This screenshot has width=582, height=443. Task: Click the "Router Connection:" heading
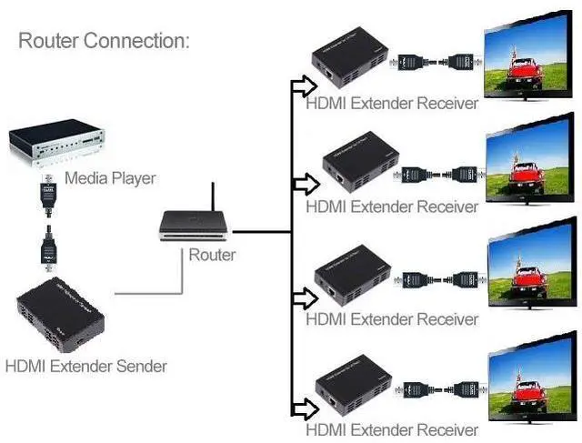coord(104,41)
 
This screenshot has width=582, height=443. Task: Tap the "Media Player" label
coord(110,177)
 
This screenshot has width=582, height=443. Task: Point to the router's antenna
coord(212,198)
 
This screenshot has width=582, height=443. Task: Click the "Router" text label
coord(212,255)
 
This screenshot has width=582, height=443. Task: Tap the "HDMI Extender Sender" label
coord(86,367)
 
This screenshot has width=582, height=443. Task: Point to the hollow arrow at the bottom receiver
coord(301,407)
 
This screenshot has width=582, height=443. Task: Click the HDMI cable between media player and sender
coord(47,223)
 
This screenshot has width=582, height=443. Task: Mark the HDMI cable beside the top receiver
coord(434,64)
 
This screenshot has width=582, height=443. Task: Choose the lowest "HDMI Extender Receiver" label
coord(392,429)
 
